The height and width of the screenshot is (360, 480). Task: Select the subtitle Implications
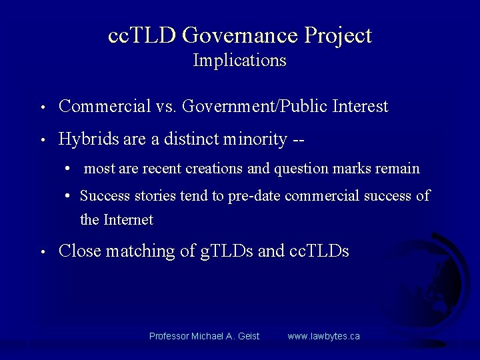pos(239,61)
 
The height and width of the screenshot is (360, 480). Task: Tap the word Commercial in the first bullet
pos(105,107)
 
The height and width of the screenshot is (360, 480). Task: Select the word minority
pos(256,139)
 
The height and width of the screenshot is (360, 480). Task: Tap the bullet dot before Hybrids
pos(42,141)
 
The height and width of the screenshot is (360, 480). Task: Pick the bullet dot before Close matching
pos(42,253)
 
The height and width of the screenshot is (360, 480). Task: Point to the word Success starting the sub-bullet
pos(102,196)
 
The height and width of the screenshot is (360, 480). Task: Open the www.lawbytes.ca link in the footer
pos(323,336)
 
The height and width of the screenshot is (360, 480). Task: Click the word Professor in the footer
pos(169,336)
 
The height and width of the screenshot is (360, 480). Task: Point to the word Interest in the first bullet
pos(359,107)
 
